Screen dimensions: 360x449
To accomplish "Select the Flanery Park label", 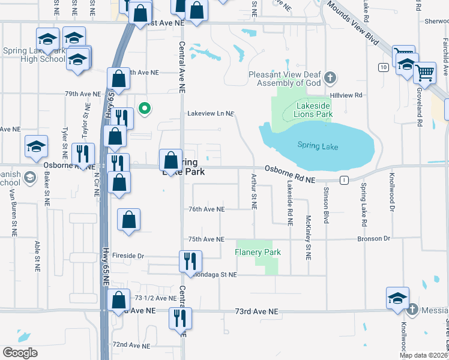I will pyautogui.click(x=258, y=252).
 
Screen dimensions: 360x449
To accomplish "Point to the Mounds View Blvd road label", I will pyautogui.click(x=352, y=24).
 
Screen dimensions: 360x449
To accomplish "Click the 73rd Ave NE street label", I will pyautogui.click(x=256, y=312).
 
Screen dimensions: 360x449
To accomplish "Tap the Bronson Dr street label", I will pyautogui.click(x=374, y=239).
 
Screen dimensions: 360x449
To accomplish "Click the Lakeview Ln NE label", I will pyautogui.click(x=210, y=113).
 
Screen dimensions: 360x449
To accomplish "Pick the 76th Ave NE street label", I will pyautogui.click(x=206, y=209).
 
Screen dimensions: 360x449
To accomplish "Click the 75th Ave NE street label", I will pyautogui.click(x=206, y=239).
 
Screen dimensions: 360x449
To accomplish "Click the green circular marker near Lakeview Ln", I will pyautogui.click(x=144, y=109).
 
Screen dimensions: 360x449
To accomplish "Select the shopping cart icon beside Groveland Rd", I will pyautogui.click(x=425, y=73).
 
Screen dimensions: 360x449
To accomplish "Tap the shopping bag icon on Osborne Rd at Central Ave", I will pyautogui.click(x=171, y=160).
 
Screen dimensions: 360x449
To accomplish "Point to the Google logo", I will pyautogui.click(x=20, y=353).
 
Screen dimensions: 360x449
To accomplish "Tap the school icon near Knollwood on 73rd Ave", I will pyautogui.click(x=397, y=299).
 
